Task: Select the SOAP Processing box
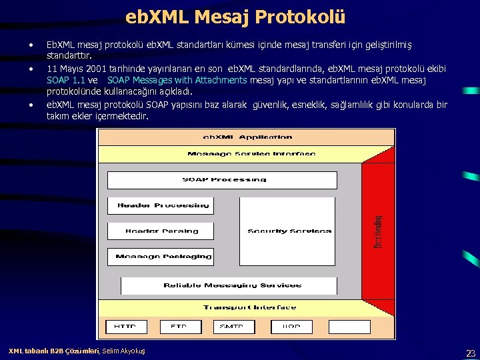pyautogui.click(x=224, y=179)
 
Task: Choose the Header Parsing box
pyautogui.click(x=161, y=231)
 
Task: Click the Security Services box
pyautogui.click(x=289, y=231)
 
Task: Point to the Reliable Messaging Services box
pyautogui.click(x=232, y=285)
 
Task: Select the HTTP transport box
pyautogui.click(x=125, y=327)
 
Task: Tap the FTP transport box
pyautogui.click(x=178, y=327)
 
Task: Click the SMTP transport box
pyautogui.click(x=232, y=327)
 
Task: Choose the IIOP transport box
pyautogui.click(x=291, y=327)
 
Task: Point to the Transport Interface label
pyautogui.click(x=250, y=307)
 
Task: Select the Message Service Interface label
pyautogui.click(x=251, y=154)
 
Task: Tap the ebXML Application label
pyautogui.click(x=247, y=137)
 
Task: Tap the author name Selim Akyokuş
pyautogui.click(x=123, y=351)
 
